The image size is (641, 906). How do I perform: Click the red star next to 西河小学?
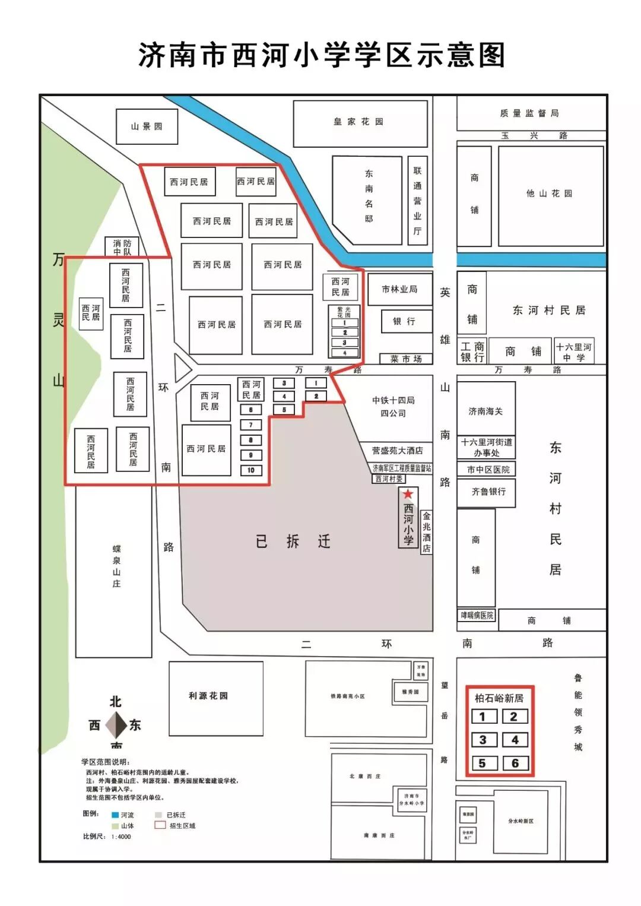[408, 494]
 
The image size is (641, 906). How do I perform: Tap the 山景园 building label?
[147, 126]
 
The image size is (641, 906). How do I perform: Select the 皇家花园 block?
[359, 122]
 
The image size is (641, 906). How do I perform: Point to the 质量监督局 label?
[529, 113]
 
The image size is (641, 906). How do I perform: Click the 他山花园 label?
[550, 194]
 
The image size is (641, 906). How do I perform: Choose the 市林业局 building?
[399, 289]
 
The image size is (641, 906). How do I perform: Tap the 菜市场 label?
[406, 359]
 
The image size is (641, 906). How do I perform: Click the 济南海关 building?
[485, 411]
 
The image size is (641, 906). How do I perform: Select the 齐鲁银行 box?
[488, 492]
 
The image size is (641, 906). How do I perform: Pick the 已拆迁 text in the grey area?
[293, 541]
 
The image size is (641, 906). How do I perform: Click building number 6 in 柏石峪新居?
[515, 763]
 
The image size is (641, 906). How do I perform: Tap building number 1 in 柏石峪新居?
[483, 717]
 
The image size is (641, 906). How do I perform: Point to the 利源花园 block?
[208, 696]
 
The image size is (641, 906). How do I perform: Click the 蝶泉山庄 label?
[116, 566]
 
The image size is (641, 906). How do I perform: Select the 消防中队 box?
[122, 247]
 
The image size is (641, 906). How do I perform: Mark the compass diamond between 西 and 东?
[116, 724]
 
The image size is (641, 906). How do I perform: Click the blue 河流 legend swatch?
[115, 815]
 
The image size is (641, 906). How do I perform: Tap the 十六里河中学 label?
[574, 351]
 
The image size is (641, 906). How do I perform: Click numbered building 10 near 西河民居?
[251, 470]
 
